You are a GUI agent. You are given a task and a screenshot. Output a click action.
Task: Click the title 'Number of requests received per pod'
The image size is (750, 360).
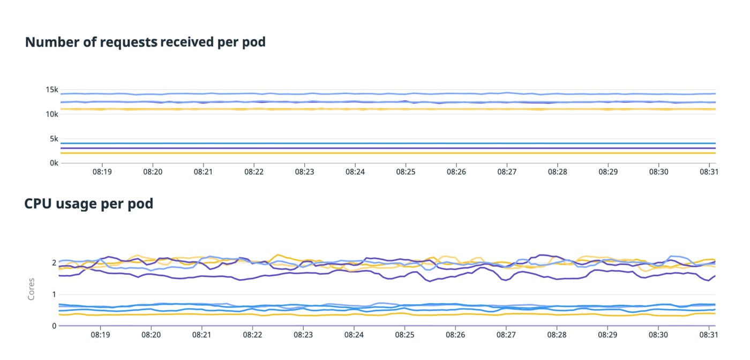(x=145, y=42)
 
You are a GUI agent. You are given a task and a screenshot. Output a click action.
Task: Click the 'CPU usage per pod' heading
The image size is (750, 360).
(x=89, y=204)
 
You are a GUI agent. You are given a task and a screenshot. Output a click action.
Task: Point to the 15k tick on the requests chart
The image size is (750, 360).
(x=51, y=89)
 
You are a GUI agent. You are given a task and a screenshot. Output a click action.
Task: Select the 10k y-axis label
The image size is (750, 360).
(x=51, y=114)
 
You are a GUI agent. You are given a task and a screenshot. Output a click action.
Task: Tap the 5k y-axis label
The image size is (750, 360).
(x=53, y=139)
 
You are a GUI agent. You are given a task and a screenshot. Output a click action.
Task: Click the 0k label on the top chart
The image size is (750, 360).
(x=53, y=163)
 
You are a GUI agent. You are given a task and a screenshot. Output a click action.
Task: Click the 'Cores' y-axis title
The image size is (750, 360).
(x=31, y=288)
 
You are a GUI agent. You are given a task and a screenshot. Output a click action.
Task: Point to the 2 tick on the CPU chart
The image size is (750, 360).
(x=54, y=262)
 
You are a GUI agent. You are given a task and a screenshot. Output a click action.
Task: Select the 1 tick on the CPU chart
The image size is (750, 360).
(x=54, y=294)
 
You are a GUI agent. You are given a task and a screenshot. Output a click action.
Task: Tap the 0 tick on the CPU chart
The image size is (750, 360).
(x=54, y=326)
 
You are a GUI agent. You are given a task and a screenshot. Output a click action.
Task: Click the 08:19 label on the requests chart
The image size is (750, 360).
(x=102, y=172)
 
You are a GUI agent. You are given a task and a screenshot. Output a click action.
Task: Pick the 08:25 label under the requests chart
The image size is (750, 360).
(x=406, y=172)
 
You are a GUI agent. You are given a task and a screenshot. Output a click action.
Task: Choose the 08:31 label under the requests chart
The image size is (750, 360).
(x=709, y=172)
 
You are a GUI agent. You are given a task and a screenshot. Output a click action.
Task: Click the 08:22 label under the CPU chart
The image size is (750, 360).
(x=252, y=335)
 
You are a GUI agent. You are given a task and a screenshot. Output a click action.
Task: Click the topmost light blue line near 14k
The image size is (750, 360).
(x=375, y=94)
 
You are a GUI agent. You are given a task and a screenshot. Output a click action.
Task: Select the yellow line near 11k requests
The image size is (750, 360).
(x=375, y=109)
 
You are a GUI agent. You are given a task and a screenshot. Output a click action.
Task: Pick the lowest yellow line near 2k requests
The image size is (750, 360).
(x=375, y=153)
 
